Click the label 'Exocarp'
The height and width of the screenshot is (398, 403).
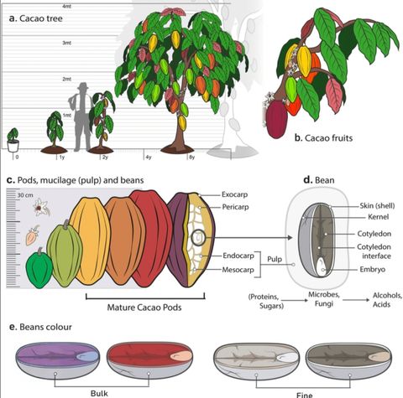[234, 194]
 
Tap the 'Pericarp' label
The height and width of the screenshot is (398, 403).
[235, 207]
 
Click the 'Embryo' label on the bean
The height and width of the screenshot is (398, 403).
[373, 270]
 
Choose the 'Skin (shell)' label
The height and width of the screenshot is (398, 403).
[377, 206]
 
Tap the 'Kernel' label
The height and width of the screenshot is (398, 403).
[379, 217]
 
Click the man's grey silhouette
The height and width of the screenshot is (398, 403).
[81, 117]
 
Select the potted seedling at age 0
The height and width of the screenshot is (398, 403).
[13, 140]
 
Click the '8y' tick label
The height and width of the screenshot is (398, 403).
[191, 158]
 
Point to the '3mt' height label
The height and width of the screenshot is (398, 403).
[66, 43]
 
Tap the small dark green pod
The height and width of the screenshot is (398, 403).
[39, 269]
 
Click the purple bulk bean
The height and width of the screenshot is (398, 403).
[57, 360]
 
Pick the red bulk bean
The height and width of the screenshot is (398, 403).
[150, 360]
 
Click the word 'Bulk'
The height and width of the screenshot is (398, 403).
[99, 394]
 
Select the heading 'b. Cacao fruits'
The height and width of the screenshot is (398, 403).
[323, 138]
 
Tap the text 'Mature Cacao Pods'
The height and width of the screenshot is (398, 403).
[144, 308]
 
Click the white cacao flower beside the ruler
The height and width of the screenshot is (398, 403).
[41, 207]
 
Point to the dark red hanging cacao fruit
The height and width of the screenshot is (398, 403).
[276, 119]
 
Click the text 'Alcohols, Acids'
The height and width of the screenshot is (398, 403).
[387, 300]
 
